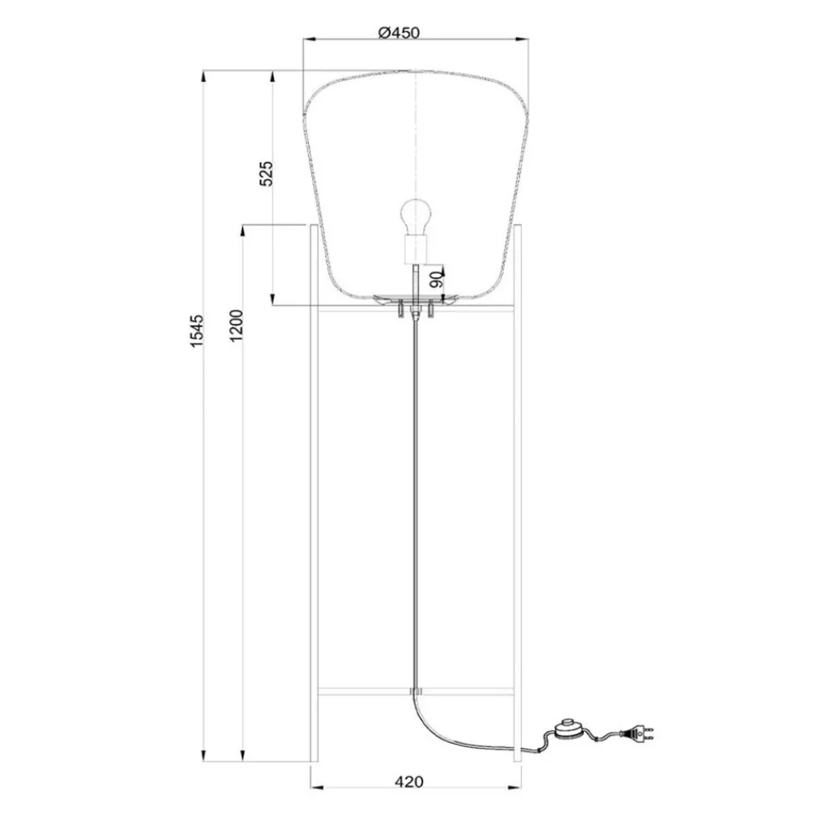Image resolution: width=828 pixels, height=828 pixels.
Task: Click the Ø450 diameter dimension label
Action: [x=399, y=32]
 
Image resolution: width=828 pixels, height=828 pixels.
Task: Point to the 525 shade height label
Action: [x=267, y=175]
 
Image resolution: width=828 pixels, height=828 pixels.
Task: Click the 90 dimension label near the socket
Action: [x=434, y=280]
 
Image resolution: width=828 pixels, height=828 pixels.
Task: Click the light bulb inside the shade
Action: [x=416, y=216]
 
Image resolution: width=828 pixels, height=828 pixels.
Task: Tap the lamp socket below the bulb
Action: [x=416, y=250]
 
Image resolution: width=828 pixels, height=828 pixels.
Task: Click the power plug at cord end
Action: [x=639, y=735]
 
